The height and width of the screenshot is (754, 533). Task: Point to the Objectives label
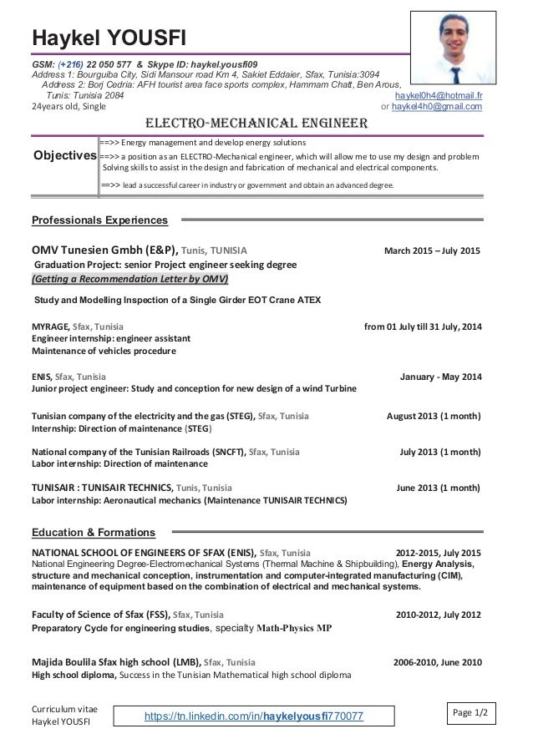pos(63,155)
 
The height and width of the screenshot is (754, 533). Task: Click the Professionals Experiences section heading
pos(99,220)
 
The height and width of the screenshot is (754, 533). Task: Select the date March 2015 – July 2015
pos(432,250)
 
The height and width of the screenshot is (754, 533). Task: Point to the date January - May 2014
pos(441,377)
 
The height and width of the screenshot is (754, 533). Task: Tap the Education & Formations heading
pos(93,532)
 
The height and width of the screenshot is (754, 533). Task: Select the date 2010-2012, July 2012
pos(437,615)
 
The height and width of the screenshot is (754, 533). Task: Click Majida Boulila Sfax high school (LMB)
pos(116,663)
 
